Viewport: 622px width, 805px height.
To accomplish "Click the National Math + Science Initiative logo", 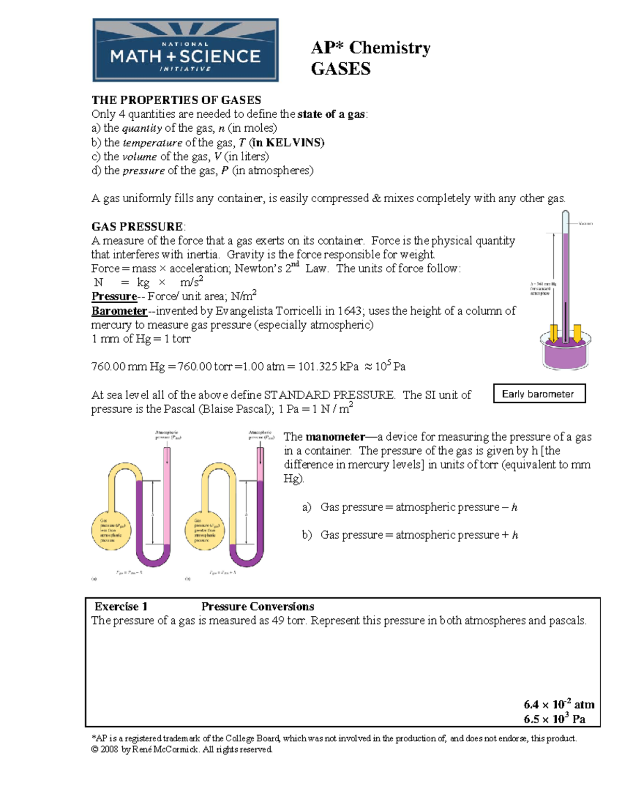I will click(x=186, y=50).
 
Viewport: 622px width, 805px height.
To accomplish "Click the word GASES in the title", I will click(x=341, y=69).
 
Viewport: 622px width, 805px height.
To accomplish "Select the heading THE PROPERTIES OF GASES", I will click(x=176, y=100).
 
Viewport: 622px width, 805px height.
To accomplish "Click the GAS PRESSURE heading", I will click(x=137, y=227).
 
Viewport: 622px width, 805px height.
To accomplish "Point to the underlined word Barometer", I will click(x=119, y=311).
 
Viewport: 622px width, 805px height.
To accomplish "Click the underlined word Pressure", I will click(x=114, y=296).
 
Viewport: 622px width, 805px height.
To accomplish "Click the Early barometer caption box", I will click(x=539, y=393).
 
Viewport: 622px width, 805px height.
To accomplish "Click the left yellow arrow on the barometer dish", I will click(x=554, y=333).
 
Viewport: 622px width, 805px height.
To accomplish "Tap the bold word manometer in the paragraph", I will click(x=335, y=437).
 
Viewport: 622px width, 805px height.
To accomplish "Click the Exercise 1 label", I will click(x=121, y=606).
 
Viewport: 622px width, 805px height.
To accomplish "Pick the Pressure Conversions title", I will click(x=258, y=606).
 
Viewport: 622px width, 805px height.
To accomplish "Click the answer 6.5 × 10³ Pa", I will click(x=554, y=719).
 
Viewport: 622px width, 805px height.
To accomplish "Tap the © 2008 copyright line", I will click(x=181, y=750).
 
